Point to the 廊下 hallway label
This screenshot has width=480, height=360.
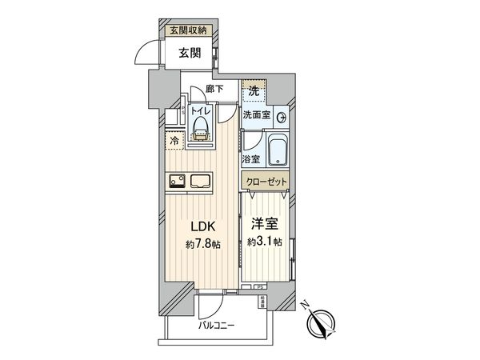pos(214,89)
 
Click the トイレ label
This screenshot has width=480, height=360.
pos(201,112)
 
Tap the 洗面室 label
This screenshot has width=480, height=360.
pos(256,115)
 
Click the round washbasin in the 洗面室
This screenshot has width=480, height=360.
pos(281,117)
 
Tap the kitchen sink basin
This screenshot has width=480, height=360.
pos(198,182)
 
